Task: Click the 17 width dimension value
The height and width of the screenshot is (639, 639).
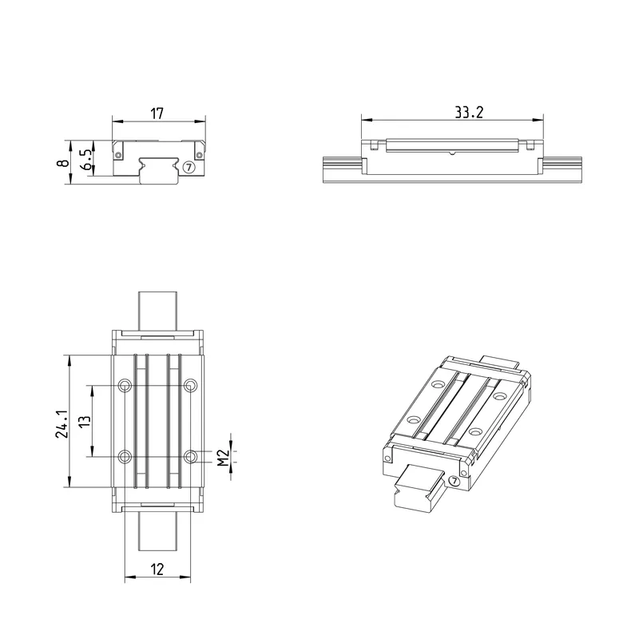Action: (x=157, y=113)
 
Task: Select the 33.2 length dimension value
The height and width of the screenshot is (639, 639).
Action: (x=469, y=113)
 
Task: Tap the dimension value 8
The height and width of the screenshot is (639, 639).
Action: (x=63, y=163)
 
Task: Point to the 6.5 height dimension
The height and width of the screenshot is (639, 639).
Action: (x=87, y=159)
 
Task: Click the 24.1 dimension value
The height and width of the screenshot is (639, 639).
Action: (x=62, y=424)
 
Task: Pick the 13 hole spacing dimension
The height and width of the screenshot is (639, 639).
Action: (x=85, y=422)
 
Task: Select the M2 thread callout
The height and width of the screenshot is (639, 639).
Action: (x=223, y=458)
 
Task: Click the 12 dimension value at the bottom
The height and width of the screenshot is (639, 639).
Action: (x=157, y=570)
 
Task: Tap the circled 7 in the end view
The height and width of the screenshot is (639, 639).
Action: (x=189, y=167)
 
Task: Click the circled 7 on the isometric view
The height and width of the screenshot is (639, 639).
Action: (x=454, y=482)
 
